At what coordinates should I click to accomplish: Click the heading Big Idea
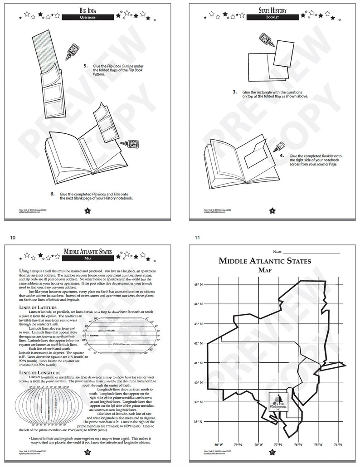click(90, 9)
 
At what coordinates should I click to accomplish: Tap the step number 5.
click(86, 66)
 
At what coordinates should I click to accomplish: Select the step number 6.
click(53, 194)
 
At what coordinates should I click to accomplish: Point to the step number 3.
click(235, 92)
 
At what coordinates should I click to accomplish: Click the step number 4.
click(282, 156)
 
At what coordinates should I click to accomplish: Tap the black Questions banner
click(90, 17)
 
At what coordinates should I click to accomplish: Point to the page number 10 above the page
click(12, 237)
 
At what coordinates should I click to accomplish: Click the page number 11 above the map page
click(197, 237)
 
